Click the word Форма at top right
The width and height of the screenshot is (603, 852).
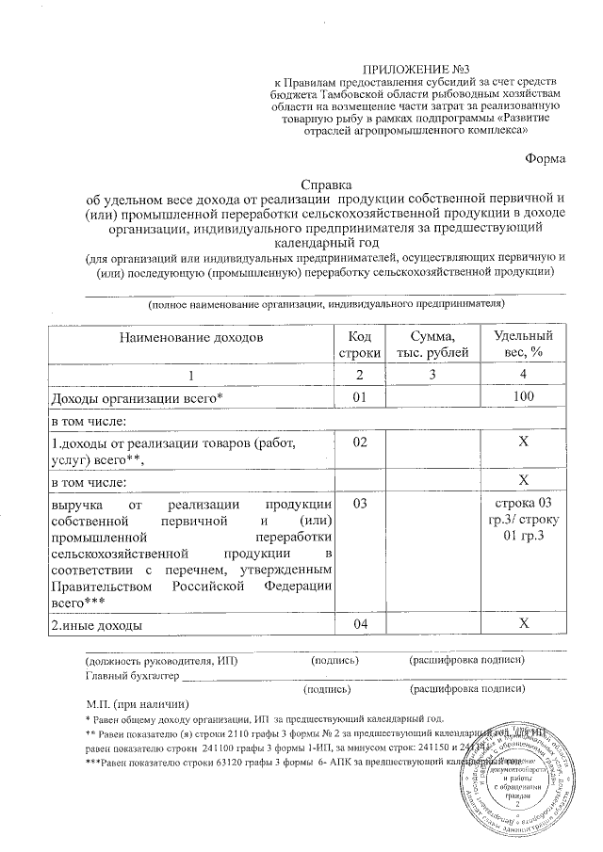click(x=546, y=158)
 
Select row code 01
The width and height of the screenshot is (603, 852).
click(x=359, y=397)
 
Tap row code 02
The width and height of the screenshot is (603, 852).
click(x=359, y=442)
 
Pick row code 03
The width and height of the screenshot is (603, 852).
click(x=359, y=504)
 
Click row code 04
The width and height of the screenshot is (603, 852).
click(x=359, y=624)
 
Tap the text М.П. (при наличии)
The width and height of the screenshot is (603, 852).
click(x=137, y=703)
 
